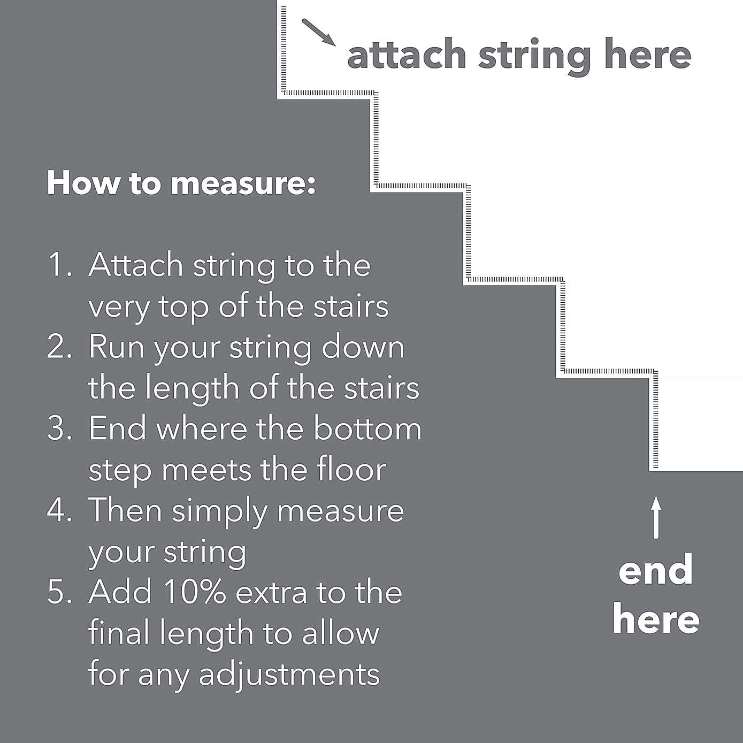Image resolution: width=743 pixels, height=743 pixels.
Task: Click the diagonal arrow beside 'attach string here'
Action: click(319, 33)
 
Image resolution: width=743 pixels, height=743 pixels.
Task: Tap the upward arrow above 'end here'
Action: click(656, 517)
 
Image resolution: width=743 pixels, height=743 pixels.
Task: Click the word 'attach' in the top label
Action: click(407, 55)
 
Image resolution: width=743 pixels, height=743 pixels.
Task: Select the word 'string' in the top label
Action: click(534, 56)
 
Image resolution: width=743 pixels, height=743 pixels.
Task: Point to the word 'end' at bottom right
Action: click(655, 570)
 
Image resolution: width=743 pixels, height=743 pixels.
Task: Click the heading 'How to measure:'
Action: click(181, 183)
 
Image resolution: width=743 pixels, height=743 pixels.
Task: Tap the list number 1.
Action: click(58, 265)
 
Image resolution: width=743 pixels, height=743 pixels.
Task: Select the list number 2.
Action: click(58, 347)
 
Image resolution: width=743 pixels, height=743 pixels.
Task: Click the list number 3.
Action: click(58, 429)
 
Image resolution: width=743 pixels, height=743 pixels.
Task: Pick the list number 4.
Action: click(58, 510)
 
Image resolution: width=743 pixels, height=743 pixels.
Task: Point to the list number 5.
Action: click(58, 592)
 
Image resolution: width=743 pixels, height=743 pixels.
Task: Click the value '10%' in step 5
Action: click(195, 592)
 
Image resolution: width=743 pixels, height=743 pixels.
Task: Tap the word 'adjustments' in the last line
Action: click(289, 675)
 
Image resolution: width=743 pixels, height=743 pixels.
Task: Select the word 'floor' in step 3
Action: click(351, 470)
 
